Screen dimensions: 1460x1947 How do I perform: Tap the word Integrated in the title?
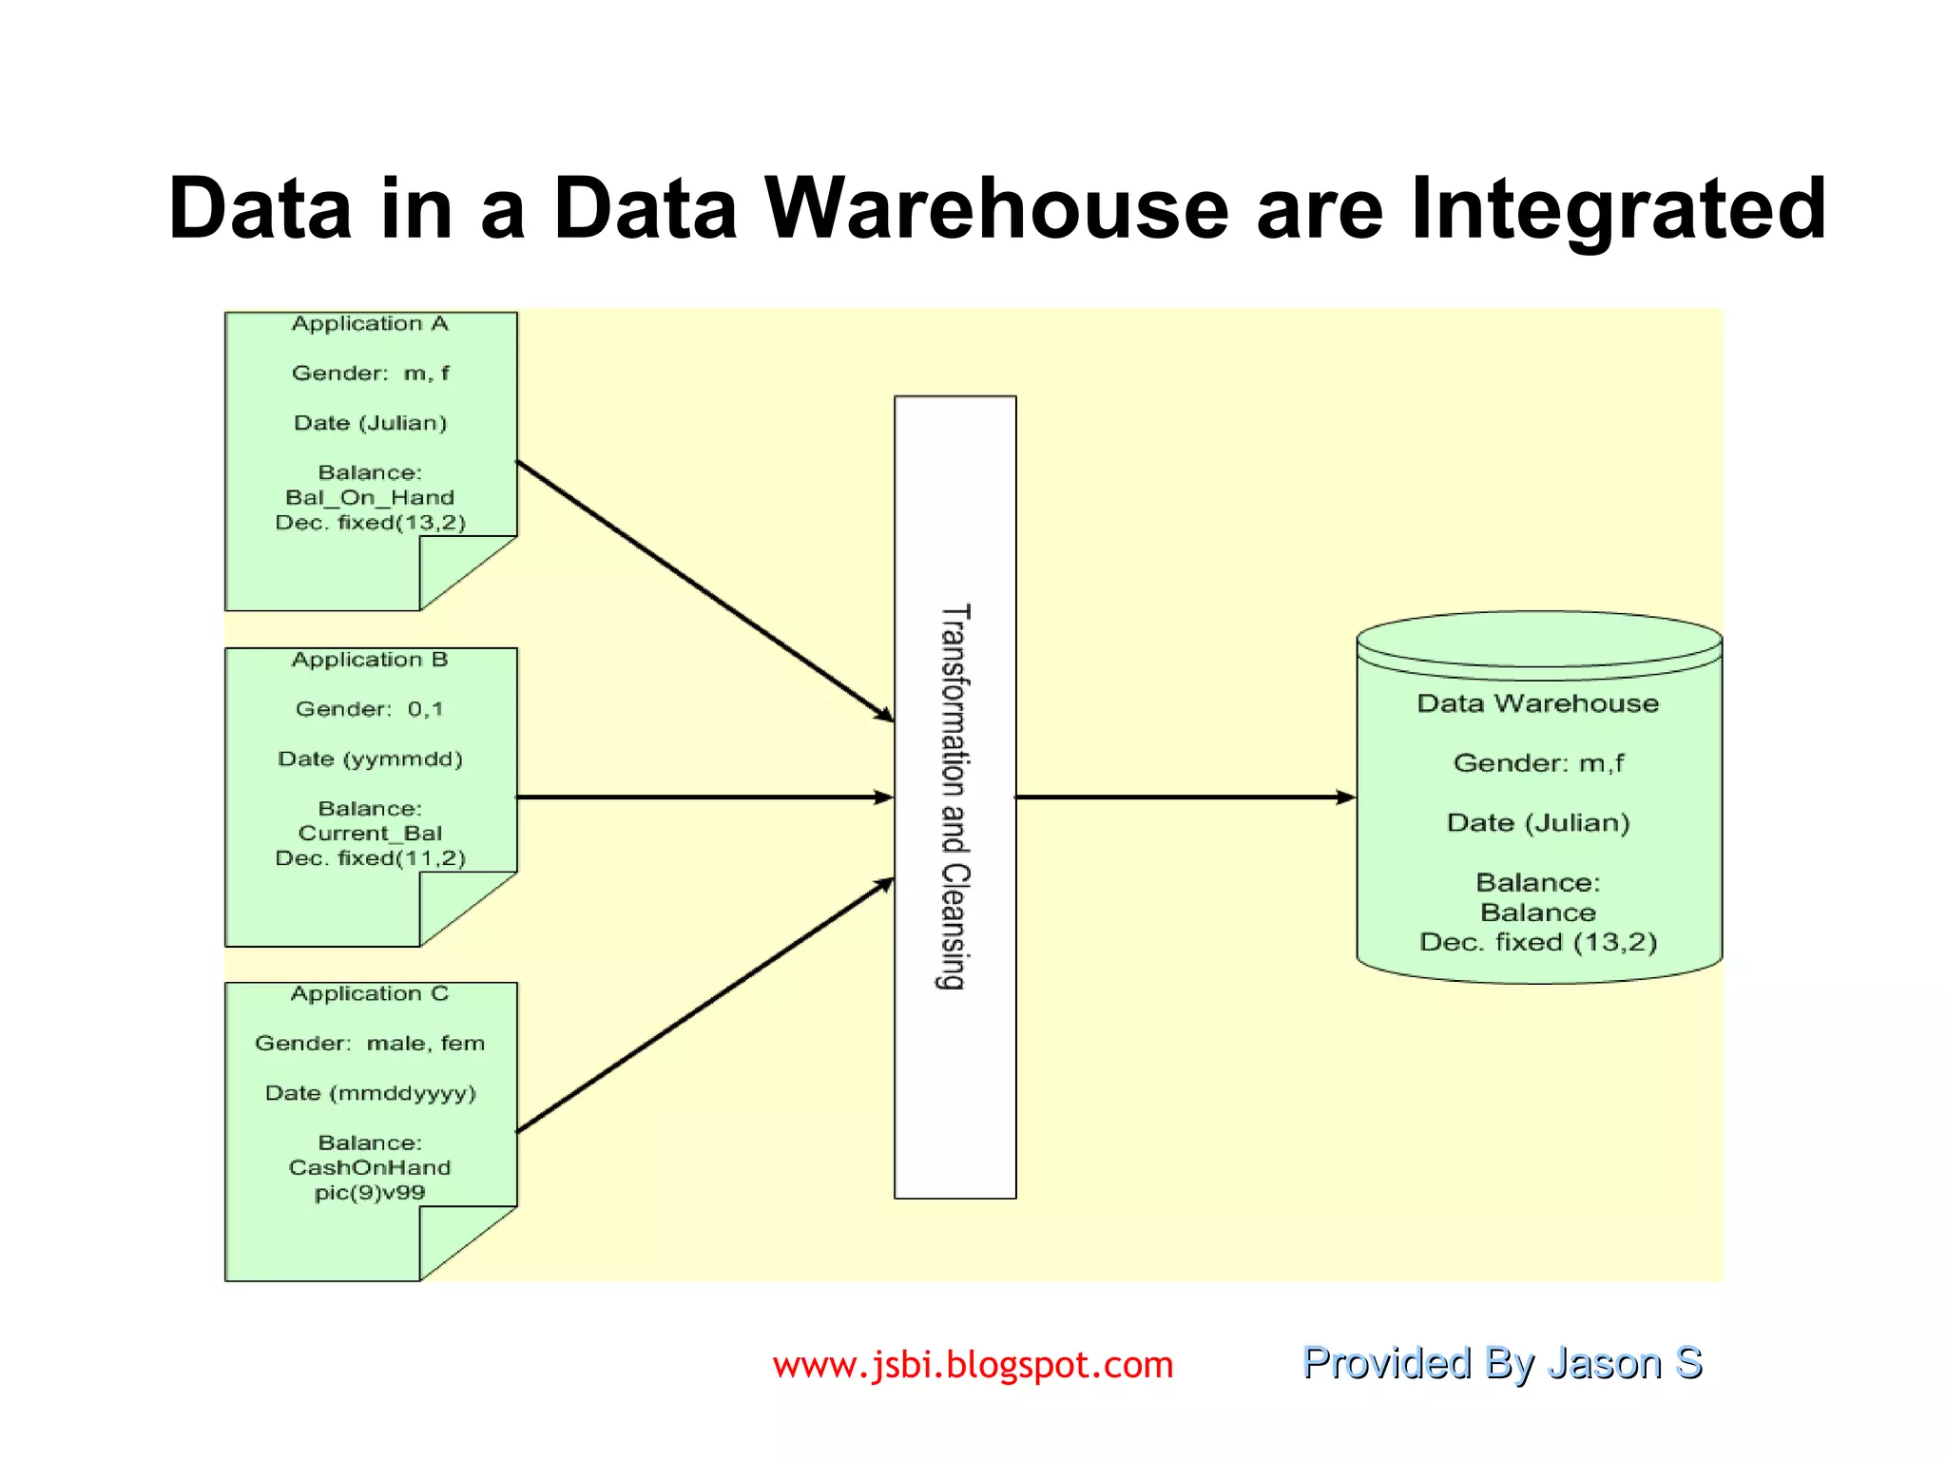[x=1617, y=211]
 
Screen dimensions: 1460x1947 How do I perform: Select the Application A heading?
[x=370, y=324]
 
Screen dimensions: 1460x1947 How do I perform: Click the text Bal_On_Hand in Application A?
[x=370, y=497]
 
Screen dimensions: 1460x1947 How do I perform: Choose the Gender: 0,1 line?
[x=370, y=709]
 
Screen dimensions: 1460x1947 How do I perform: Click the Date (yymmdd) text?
[x=370, y=759]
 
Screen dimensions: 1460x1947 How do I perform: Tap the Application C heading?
[x=370, y=994]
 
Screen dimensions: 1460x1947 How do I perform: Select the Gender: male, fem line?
[x=370, y=1044]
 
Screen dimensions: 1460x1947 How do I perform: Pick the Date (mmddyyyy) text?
[x=370, y=1093]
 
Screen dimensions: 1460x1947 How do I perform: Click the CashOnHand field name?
[x=370, y=1167]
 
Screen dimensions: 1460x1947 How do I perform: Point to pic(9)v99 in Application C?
[x=370, y=1193]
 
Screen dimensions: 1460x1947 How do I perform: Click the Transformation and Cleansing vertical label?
[x=954, y=797]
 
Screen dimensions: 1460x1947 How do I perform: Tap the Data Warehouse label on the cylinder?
[x=1537, y=703]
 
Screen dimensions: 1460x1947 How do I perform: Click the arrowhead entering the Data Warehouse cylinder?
[x=1345, y=797]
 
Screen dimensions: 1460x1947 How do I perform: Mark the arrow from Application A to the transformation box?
[x=704, y=590]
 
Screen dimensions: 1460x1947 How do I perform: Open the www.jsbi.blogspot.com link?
[x=973, y=1365]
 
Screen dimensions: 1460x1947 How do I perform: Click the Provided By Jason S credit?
[x=1501, y=1363]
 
